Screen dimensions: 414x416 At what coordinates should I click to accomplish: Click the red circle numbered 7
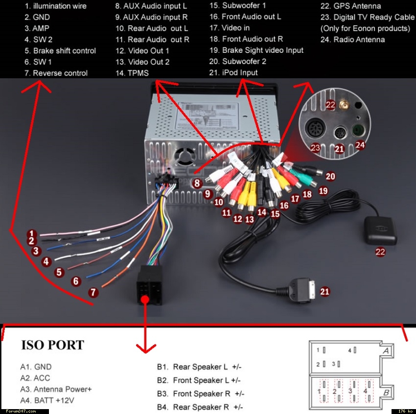click(93, 292)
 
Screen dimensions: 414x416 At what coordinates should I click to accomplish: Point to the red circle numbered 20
click(330, 176)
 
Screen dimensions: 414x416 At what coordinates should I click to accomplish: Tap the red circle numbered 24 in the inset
click(360, 145)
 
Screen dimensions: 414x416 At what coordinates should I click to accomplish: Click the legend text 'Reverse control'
click(60, 73)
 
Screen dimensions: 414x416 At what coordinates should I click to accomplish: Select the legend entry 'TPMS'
click(139, 73)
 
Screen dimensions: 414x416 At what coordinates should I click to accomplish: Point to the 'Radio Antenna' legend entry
click(359, 40)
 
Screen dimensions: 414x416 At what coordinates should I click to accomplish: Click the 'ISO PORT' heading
click(52, 345)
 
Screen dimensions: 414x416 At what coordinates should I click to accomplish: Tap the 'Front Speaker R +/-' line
click(208, 393)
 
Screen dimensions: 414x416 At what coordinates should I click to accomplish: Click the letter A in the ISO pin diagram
click(386, 351)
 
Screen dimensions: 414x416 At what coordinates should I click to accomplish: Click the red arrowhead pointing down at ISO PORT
click(144, 348)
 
